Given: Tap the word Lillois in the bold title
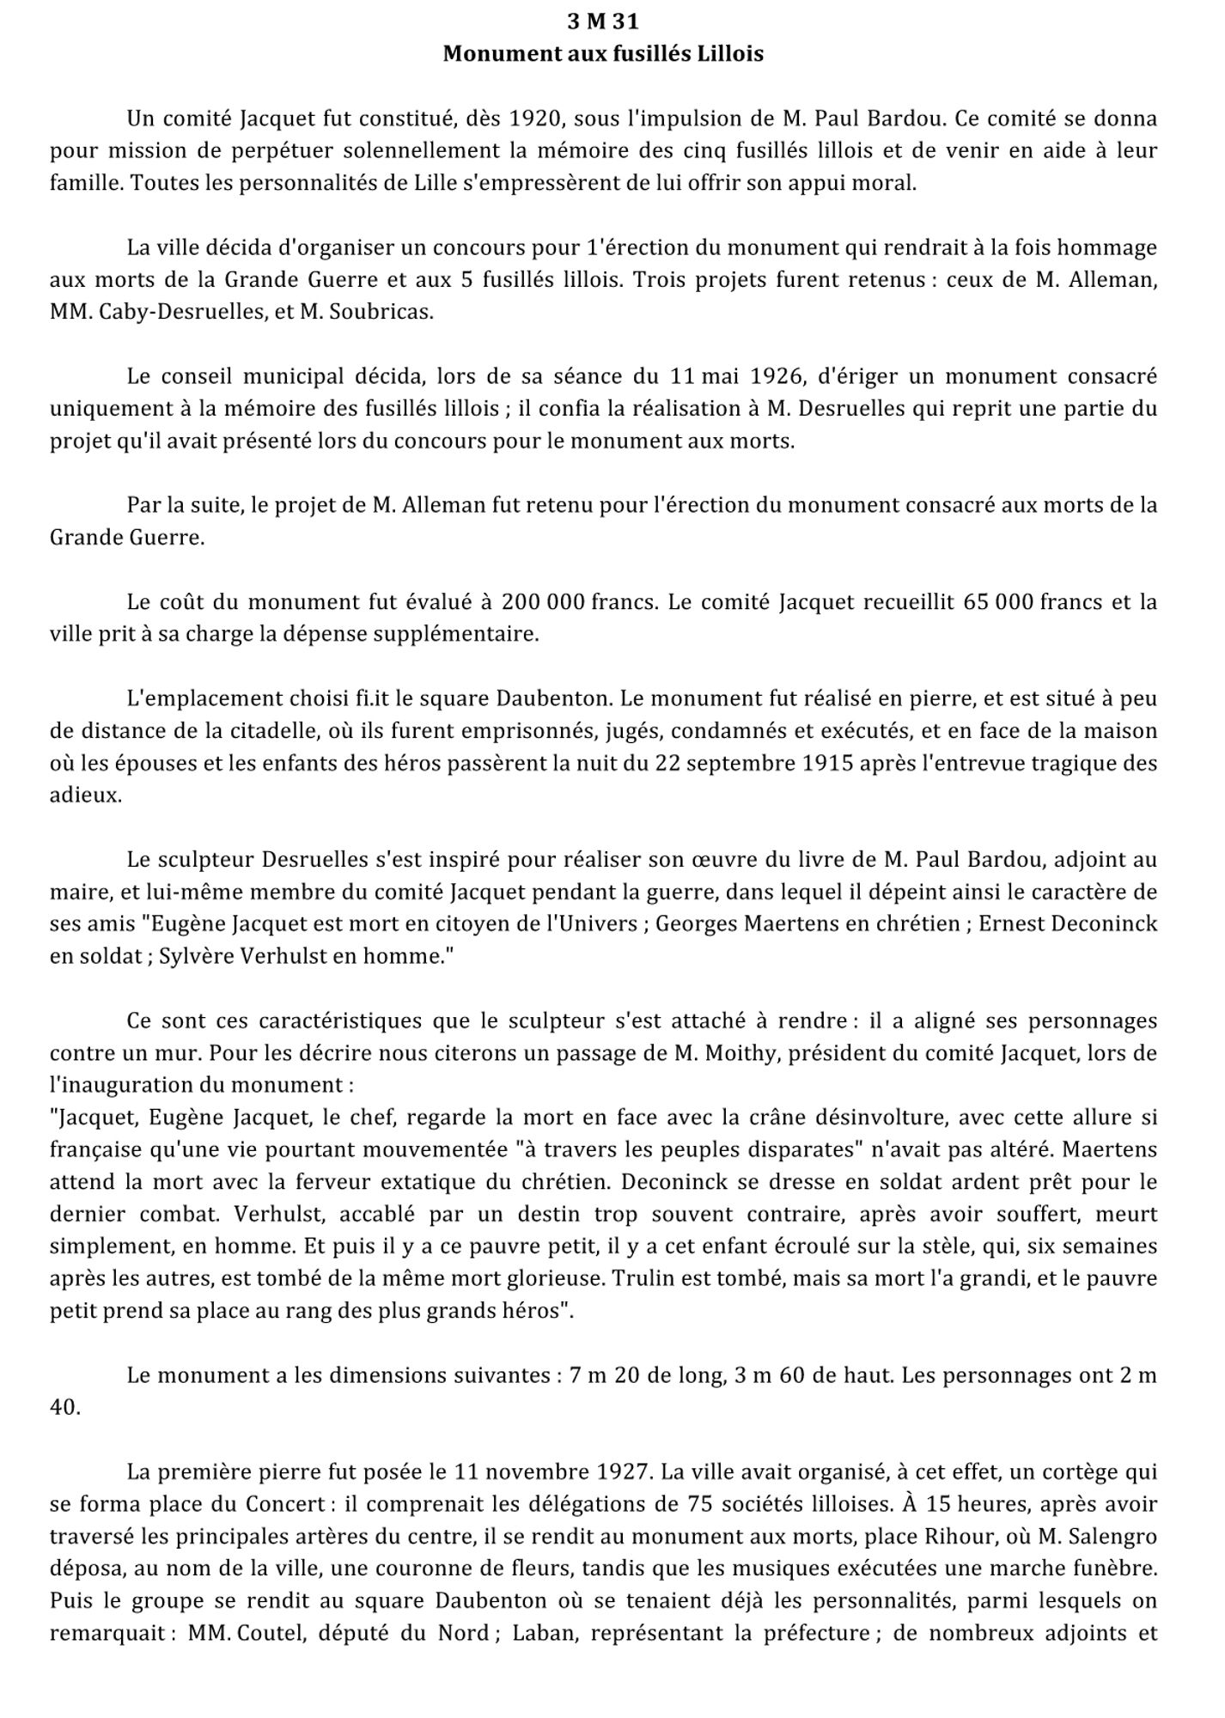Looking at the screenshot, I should tap(729, 54).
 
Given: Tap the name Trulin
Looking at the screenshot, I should tap(641, 1278).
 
